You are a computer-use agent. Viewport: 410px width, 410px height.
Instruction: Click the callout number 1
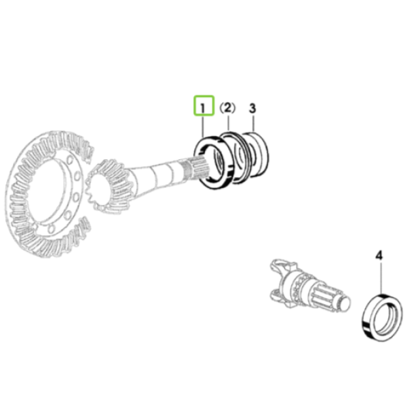tap(203, 108)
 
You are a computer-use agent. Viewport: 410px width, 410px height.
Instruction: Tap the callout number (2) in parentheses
tap(227, 107)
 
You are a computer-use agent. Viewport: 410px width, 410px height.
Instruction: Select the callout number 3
tap(252, 108)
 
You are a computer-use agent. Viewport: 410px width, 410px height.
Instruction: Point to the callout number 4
tap(379, 256)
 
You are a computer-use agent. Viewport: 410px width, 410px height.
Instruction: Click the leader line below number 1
tap(203, 126)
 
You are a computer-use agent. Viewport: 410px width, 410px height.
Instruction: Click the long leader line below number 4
tap(381, 277)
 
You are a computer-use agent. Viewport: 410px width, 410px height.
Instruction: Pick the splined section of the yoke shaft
tap(324, 297)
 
